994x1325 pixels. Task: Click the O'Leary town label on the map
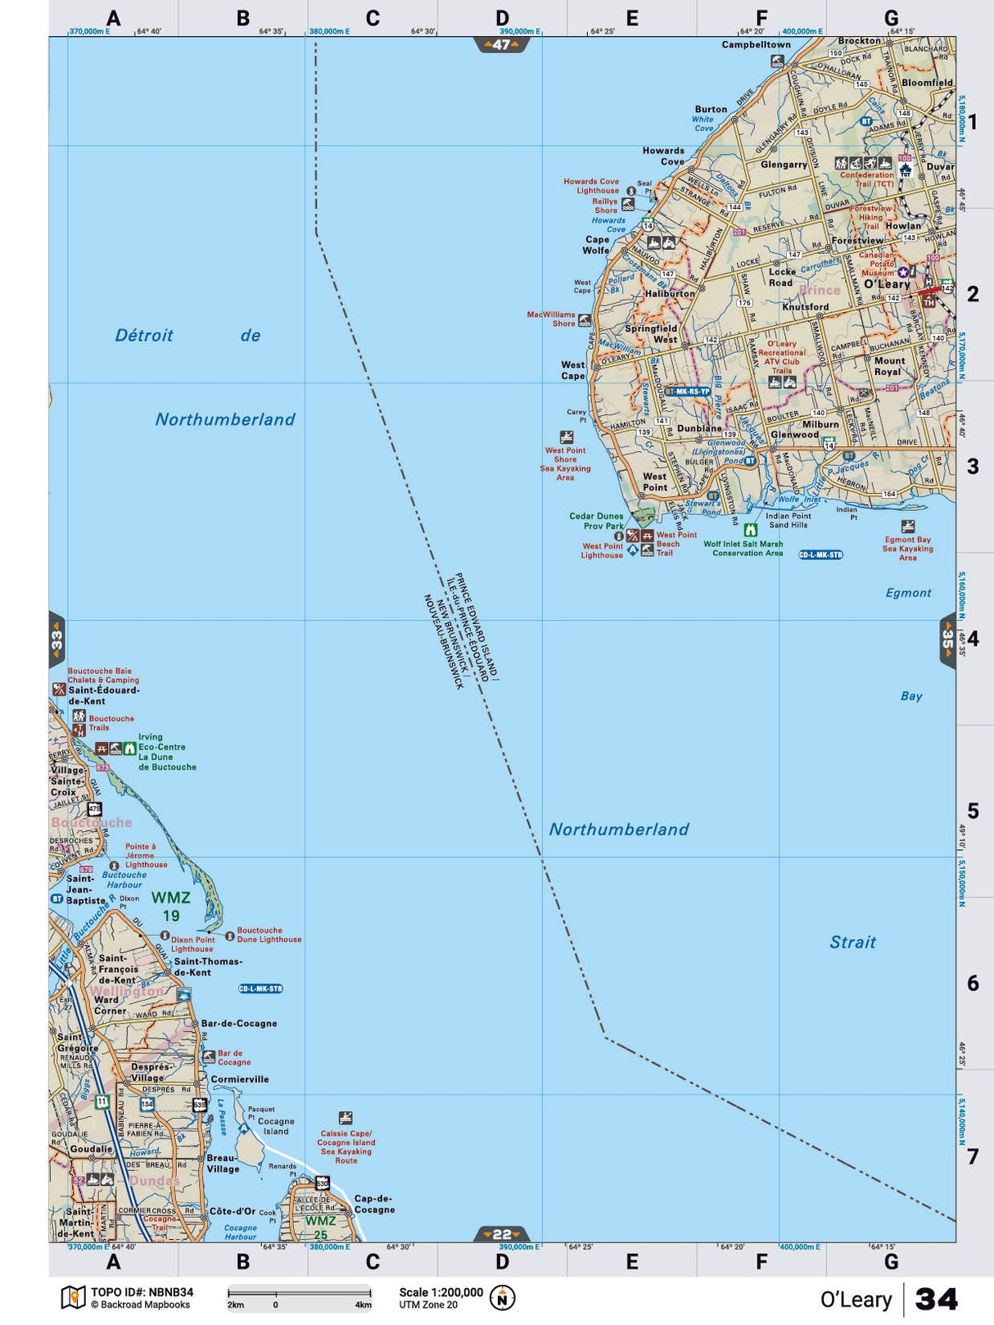[887, 284]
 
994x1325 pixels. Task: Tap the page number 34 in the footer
[936, 1299]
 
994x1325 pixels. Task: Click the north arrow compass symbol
[502, 1298]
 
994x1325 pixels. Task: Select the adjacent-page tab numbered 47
[501, 45]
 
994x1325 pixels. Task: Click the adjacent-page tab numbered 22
[501, 1234]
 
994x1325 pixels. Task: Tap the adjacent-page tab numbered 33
[56, 640]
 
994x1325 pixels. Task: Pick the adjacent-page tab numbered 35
[947, 640]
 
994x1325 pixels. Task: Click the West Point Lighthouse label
[602, 550]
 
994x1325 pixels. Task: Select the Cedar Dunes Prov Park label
[596, 521]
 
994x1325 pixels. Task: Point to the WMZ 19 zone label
[170, 907]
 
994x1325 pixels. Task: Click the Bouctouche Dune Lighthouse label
[269, 935]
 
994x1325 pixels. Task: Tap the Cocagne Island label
[276, 1126]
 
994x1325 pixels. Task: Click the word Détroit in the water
[144, 335]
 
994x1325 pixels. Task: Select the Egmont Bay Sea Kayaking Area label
[907, 549]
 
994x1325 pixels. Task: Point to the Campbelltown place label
[756, 45]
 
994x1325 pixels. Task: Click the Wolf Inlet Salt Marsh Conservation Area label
[743, 548]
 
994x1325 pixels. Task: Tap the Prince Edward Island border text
[477, 626]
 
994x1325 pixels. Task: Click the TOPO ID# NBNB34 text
[142, 1292]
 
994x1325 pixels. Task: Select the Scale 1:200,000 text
[441, 1292]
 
